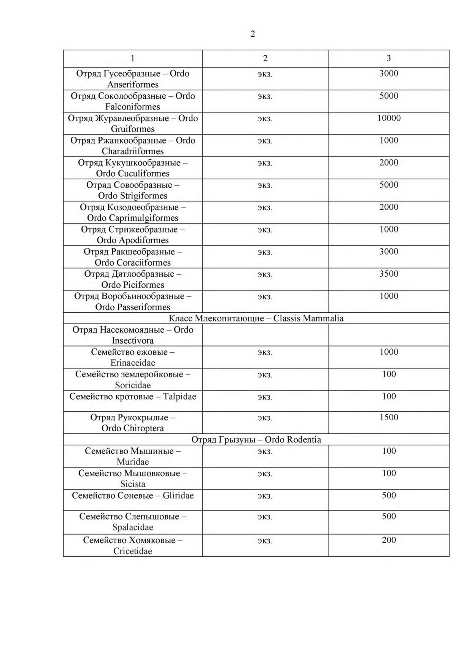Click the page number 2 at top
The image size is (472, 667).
(x=253, y=34)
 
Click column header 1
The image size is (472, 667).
(x=132, y=58)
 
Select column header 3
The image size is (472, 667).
(x=388, y=58)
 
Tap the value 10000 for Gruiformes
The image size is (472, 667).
(x=389, y=118)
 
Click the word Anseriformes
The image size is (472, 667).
(x=133, y=84)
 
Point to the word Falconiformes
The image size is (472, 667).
(x=133, y=107)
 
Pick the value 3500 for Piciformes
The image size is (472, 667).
(x=389, y=274)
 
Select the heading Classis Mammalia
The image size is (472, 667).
(x=308, y=318)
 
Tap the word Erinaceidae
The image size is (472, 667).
(x=133, y=363)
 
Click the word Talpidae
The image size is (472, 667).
(x=180, y=397)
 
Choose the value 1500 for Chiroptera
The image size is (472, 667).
(x=389, y=417)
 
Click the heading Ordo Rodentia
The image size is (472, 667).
(x=293, y=440)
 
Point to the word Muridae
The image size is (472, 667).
(x=133, y=462)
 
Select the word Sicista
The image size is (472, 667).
(x=133, y=484)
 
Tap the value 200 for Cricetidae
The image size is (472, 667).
(x=389, y=540)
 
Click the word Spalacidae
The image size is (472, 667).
(x=133, y=528)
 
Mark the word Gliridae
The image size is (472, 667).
(x=178, y=496)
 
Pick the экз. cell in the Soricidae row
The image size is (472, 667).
(x=265, y=375)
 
